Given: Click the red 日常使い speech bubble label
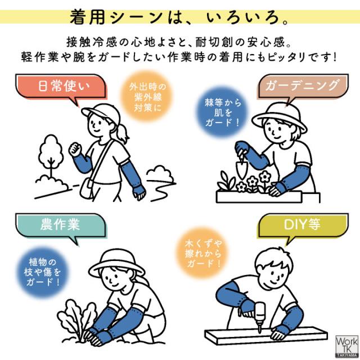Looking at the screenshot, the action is [x=61, y=87].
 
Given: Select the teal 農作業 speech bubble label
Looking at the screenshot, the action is [x=61, y=226].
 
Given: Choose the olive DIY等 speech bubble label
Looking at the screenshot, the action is [x=303, y=226].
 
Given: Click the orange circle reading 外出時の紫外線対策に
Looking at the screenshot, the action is [x=147, y=97].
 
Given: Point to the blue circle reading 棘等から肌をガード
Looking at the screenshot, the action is [x=222, y=112].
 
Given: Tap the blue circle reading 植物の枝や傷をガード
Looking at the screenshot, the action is [x=43, y=272].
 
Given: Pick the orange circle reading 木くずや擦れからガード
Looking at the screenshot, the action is [x=203, y=253].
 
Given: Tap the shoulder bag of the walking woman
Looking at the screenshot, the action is [x=87, y=189].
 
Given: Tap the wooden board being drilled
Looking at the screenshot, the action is [x=266, y=336].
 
